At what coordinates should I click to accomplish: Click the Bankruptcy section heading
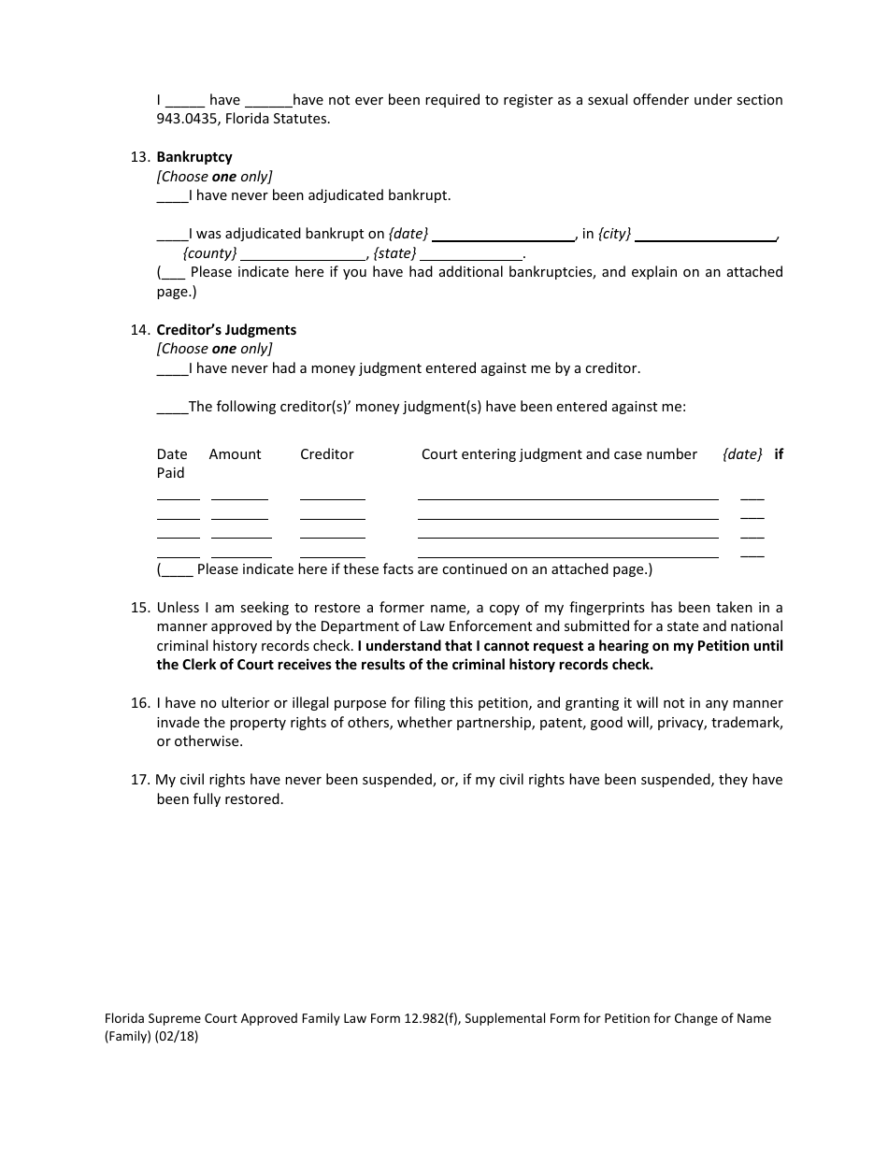(194, 157)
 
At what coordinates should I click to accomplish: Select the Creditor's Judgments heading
(226, 330)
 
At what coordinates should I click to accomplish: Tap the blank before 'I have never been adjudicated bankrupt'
(172, 197)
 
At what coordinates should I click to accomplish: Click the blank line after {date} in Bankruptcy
(504, 236)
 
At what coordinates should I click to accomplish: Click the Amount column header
(235, 454)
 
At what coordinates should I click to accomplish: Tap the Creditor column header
(326, 454)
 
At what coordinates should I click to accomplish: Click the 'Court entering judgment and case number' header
(559, 454)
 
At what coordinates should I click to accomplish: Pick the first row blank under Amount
(239, 498)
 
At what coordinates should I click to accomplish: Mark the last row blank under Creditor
(332, 555)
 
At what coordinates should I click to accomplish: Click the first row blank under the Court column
(567, 498)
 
